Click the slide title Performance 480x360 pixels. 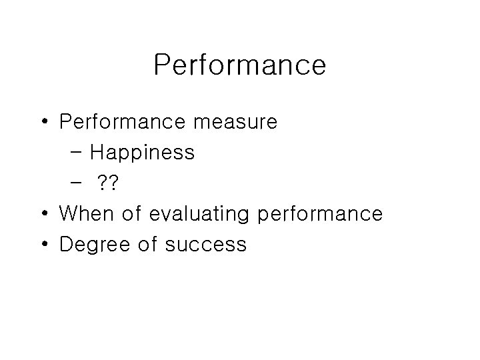point(239,65)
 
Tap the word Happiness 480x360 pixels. point(142,153)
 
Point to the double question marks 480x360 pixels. point(106,183)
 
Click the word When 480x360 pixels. point(85,214)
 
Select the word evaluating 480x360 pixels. point(199,214)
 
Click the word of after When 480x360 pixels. point(131,214)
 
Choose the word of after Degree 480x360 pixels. point(148,245)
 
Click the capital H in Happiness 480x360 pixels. point(97,153)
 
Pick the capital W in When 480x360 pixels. point(68,214)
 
